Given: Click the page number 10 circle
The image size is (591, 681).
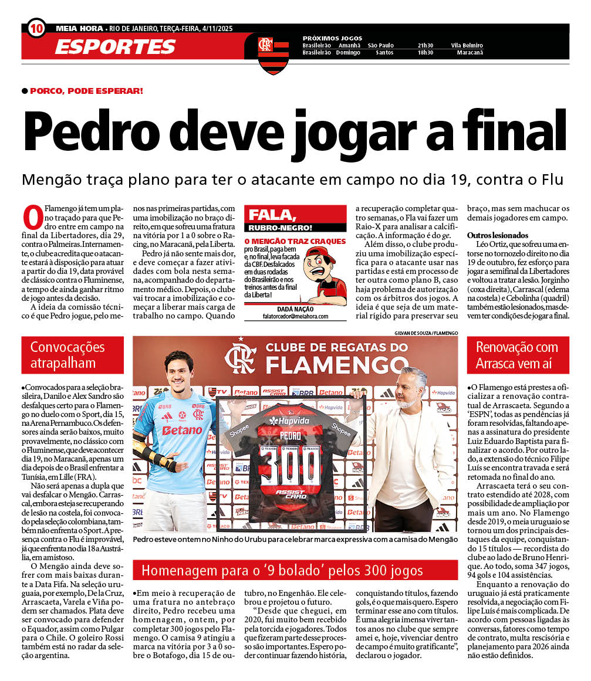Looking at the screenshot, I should tap(36, 28).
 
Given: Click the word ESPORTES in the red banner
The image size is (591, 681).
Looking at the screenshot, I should tap(115, 46).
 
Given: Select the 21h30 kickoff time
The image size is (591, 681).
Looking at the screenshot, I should tap(425, 45).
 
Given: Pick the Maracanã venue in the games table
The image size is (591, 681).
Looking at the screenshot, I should tap(470, 53).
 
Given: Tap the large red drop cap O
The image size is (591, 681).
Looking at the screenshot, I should tap(32, 217).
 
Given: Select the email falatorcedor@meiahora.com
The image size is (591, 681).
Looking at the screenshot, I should tap(295, 316).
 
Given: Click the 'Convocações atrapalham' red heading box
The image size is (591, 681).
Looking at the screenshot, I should tap(73, 355).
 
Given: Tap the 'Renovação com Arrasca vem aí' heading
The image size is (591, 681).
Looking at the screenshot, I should tap(522, 355).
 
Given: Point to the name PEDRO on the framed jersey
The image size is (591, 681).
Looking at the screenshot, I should tap(290, 435).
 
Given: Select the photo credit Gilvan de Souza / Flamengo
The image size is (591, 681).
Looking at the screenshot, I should tap(426, 333).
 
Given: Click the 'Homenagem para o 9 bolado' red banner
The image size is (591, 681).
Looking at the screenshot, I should tap(295, 570).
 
